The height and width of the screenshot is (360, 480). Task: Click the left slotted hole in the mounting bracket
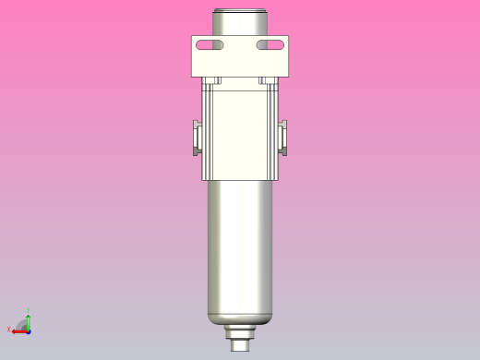(210, 45)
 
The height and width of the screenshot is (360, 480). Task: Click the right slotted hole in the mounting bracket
(270, 45)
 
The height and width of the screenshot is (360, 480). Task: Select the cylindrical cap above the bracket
(240, 22)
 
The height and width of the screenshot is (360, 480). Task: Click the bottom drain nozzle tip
(240, 346)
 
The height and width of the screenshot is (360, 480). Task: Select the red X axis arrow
(18, 330)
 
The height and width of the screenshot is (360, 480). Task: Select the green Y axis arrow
(29, 319)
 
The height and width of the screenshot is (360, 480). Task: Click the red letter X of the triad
(8, 330)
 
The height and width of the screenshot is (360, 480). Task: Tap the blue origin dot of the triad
(29, 330)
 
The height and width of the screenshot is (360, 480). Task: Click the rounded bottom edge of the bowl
(240, 318)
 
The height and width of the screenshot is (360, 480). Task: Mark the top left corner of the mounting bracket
(192, 36)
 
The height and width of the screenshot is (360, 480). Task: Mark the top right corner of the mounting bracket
(288, 36)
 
